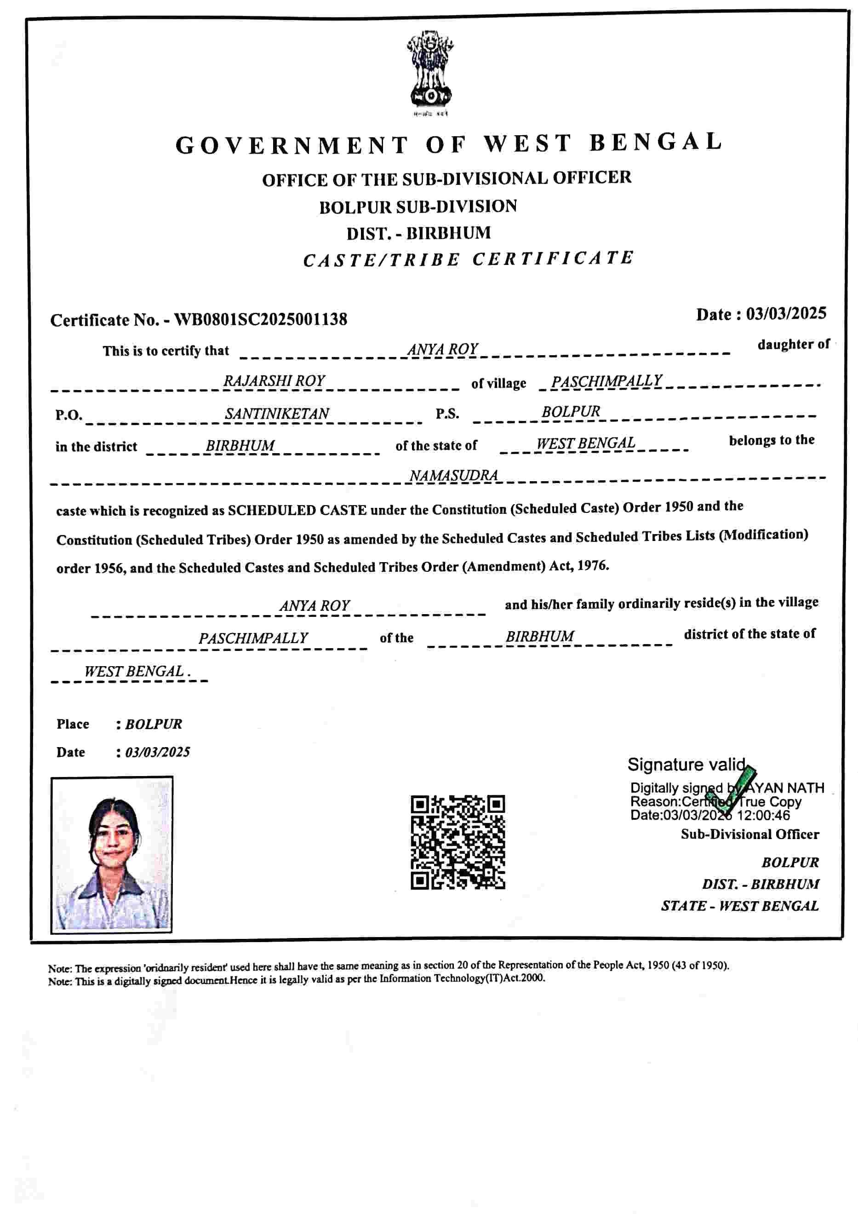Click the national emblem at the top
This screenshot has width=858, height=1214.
430,70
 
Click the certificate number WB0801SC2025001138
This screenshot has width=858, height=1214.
261,319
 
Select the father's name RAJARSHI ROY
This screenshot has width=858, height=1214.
274,381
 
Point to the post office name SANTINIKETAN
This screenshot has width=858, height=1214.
276,414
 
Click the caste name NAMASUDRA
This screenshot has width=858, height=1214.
453,476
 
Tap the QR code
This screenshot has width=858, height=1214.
458,842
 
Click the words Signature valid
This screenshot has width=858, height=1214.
686,765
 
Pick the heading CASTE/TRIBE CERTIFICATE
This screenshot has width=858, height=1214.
468,259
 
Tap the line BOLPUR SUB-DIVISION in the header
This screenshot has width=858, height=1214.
418,207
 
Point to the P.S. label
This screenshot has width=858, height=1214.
447,414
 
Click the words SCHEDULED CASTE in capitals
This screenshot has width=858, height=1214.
297,510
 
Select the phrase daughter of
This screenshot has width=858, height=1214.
793,345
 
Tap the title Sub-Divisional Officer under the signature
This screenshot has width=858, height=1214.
749,834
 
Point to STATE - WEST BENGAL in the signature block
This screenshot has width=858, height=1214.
739,906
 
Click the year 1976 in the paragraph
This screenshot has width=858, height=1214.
592,566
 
